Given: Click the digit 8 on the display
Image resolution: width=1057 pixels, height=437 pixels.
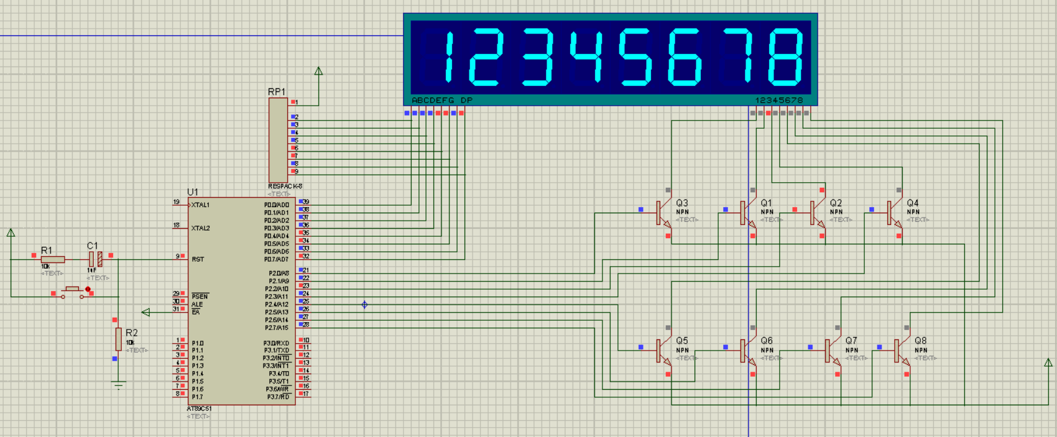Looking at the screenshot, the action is pos(785,57).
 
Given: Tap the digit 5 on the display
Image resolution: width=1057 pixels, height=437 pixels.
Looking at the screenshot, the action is pos(636,57).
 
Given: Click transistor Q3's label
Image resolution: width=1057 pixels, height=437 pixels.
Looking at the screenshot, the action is pos(682,203).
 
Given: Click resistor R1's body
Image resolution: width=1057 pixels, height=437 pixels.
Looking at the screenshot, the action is pos(53,259).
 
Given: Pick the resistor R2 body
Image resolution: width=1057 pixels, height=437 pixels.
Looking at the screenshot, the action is pos(118,339).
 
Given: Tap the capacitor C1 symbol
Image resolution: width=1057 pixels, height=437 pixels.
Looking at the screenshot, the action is pos(95,259).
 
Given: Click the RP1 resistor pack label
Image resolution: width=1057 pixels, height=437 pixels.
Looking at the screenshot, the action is pos(277,92).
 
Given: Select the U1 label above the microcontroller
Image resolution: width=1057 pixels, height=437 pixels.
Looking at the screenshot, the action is pos(193,192).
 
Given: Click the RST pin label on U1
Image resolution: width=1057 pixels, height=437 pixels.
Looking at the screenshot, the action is pos(198,259).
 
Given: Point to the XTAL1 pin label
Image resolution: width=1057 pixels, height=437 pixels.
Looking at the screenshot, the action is pos(200,205).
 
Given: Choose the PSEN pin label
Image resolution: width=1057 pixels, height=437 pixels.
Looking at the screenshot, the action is pos(200,297).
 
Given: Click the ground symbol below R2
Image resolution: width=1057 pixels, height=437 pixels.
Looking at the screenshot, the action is pos(118,385).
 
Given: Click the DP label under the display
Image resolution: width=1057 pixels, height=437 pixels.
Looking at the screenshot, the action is pos(466,100).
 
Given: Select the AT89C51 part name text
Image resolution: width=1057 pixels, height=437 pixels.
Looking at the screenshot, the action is pos(200,408).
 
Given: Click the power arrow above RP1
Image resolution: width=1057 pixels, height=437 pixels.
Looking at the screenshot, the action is pos(318,71).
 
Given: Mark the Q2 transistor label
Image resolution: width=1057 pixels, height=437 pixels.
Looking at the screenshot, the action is pos(836,203).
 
